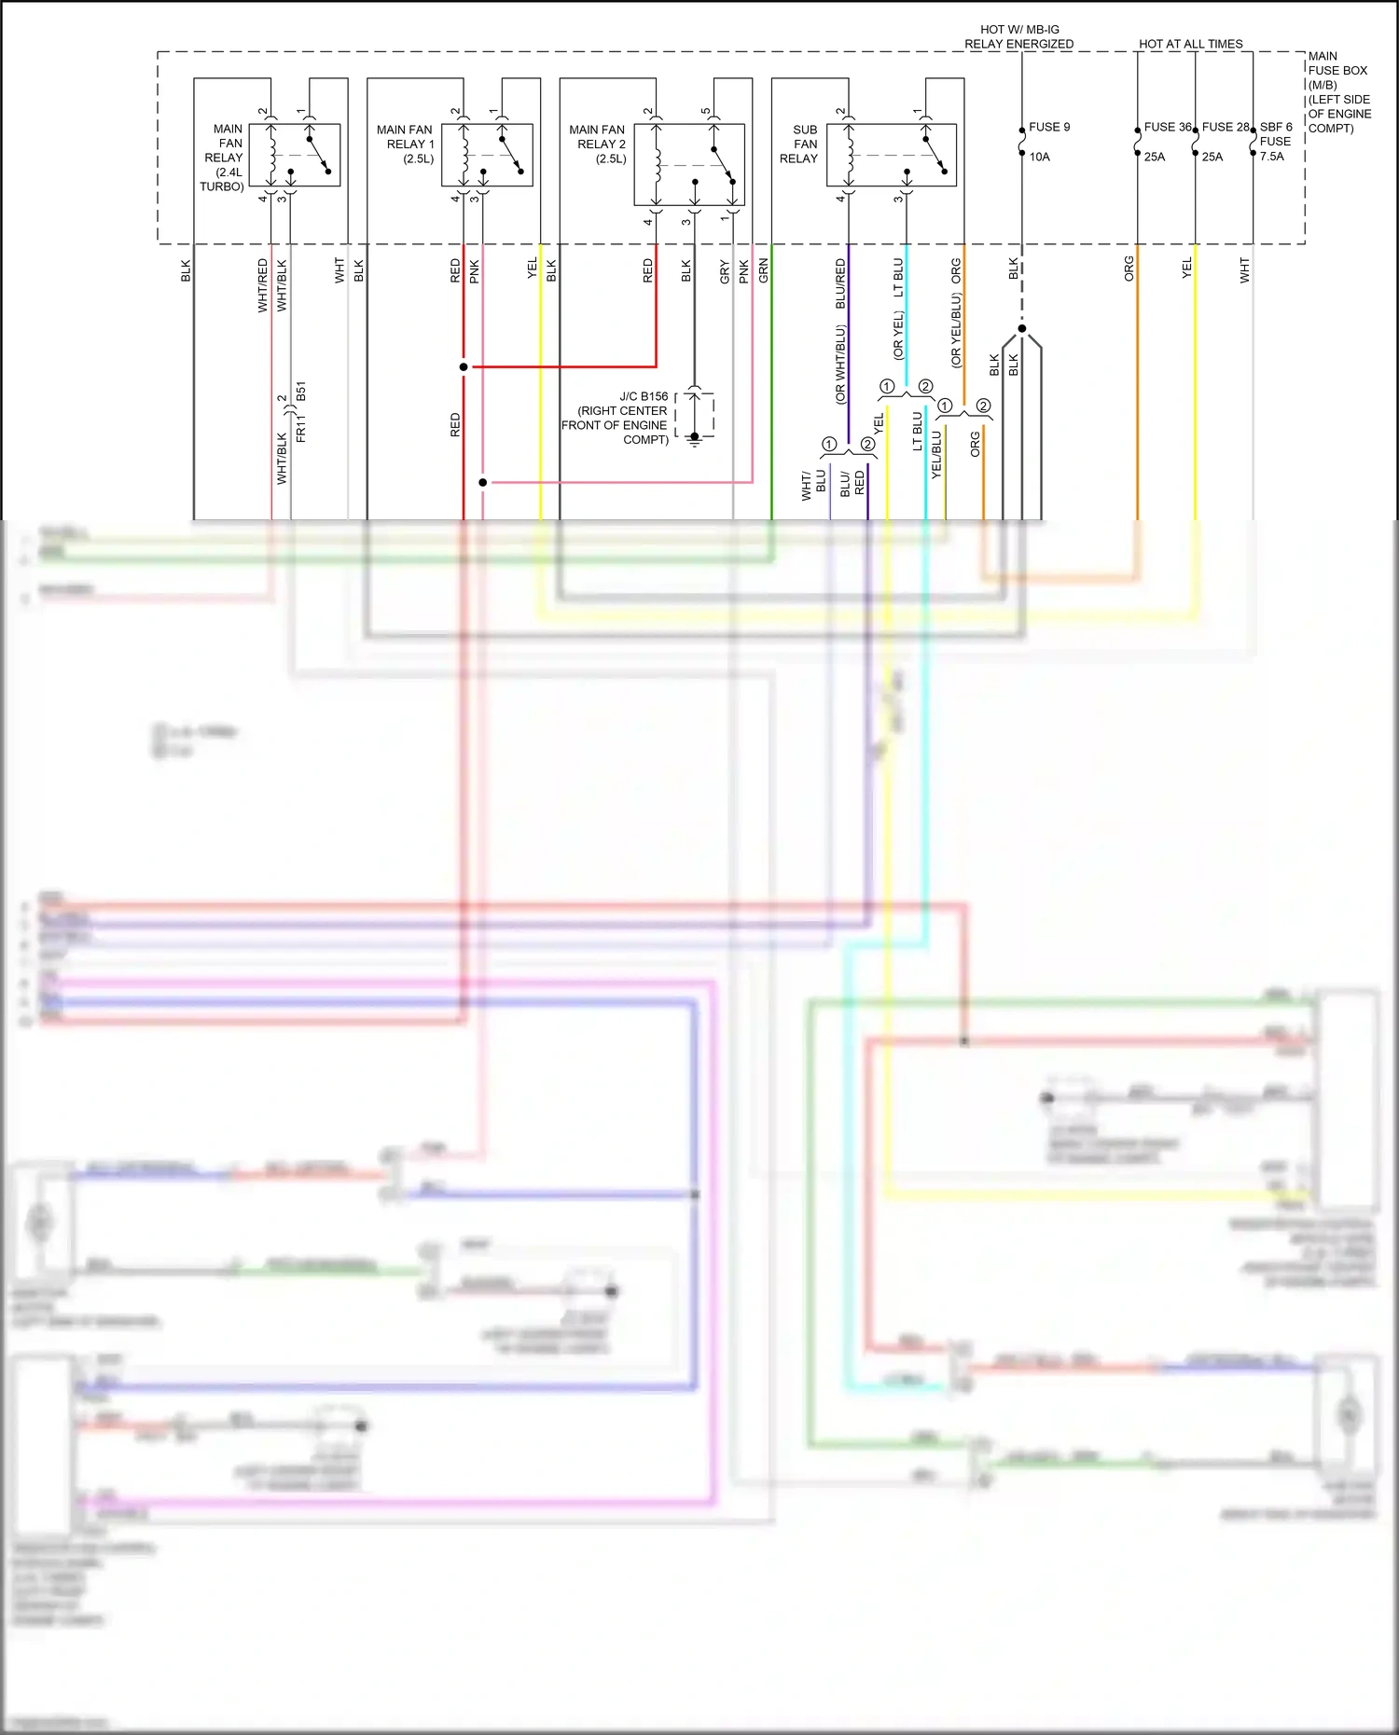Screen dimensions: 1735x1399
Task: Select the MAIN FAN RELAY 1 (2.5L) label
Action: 406,144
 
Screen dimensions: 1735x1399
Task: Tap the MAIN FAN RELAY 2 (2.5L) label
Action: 598,144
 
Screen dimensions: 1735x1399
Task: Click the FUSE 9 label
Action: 1049,127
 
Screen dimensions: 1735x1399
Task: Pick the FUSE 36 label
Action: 1167,127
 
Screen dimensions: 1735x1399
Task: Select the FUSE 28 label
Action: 1225,127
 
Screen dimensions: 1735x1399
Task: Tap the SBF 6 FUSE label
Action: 1275,134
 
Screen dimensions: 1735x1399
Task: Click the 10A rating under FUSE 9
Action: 1039,157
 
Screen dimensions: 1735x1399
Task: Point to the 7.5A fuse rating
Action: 1271,156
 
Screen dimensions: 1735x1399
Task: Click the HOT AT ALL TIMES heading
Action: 1190,44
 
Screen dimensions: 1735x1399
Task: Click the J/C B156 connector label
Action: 644,396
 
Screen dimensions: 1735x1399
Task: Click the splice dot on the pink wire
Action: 482,482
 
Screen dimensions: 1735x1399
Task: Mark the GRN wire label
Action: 763,271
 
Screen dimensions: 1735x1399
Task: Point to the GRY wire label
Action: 725,272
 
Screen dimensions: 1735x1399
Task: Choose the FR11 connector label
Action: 300,430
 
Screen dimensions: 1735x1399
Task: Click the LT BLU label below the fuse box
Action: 898,277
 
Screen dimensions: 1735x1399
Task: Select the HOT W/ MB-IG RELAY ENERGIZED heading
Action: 1018,36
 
